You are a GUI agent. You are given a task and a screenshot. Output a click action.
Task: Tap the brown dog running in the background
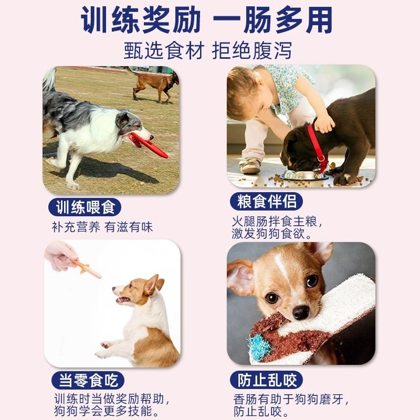[154, 83]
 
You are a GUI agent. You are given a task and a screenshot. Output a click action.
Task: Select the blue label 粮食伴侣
[267, 201]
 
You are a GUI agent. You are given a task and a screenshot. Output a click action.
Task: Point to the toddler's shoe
[250, 166]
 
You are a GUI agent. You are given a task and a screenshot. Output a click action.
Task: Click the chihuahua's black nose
[301, 313]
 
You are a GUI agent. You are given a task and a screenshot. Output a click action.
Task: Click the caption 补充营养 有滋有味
[102, 227]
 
